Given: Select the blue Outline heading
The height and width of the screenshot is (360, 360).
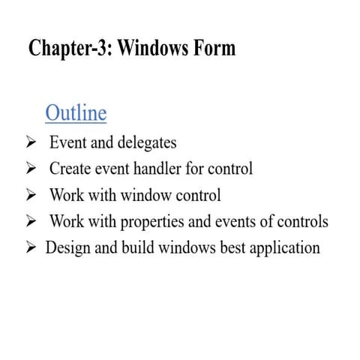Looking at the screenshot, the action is pyautogui.click(x=76, y=112).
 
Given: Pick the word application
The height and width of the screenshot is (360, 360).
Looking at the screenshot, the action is pyautogui.click(x=287, y=248).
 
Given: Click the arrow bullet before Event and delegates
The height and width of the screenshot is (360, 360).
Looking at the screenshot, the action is pyautogui.click(x=31, y=142).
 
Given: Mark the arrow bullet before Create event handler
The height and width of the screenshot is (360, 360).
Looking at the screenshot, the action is pyautogui.click(x=31, y=169).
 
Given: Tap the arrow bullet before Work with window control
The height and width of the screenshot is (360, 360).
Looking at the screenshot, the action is pyautogui.click(x=31, y=196).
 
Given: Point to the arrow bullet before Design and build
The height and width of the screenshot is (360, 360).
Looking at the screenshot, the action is pyautogui.click(x=31, y=247).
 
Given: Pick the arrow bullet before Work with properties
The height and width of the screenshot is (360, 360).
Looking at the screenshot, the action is pyautogui.click(x=31, y=222).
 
